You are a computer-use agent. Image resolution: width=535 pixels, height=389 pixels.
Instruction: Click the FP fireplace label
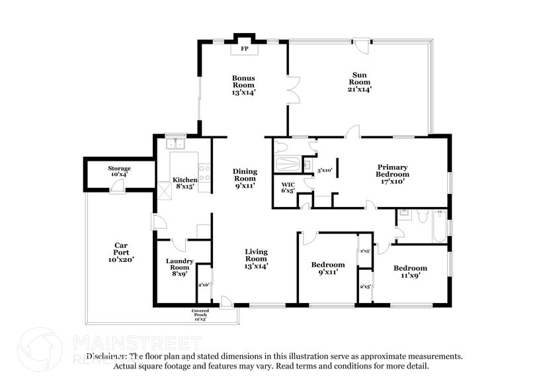point(243,49)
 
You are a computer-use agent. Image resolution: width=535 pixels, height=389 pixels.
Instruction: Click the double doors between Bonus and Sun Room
point(292,90)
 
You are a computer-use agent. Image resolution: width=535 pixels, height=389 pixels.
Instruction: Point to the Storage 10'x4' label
point(119,171)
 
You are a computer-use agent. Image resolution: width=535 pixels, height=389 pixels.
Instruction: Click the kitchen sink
point(176,143)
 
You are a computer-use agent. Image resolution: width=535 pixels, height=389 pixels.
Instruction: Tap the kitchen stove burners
point(204,173)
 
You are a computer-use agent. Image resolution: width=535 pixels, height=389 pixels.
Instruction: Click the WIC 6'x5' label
point(288,188)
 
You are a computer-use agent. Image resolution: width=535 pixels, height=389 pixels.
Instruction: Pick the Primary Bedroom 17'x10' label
point(392,173)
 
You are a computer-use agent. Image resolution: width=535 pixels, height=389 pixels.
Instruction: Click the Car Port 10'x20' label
point(121,253)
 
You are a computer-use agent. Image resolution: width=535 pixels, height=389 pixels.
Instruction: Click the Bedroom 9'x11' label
point(328,268)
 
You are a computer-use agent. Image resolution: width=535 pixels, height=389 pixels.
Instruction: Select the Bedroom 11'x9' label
point(410,271)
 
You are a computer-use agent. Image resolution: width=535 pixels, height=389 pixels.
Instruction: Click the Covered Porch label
point(200,314)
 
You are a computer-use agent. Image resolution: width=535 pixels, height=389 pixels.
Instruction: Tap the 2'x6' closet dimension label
point(204,285)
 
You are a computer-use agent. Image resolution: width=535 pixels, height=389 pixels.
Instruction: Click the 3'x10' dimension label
point(324,171)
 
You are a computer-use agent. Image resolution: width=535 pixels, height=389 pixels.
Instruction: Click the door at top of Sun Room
point(360,47)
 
